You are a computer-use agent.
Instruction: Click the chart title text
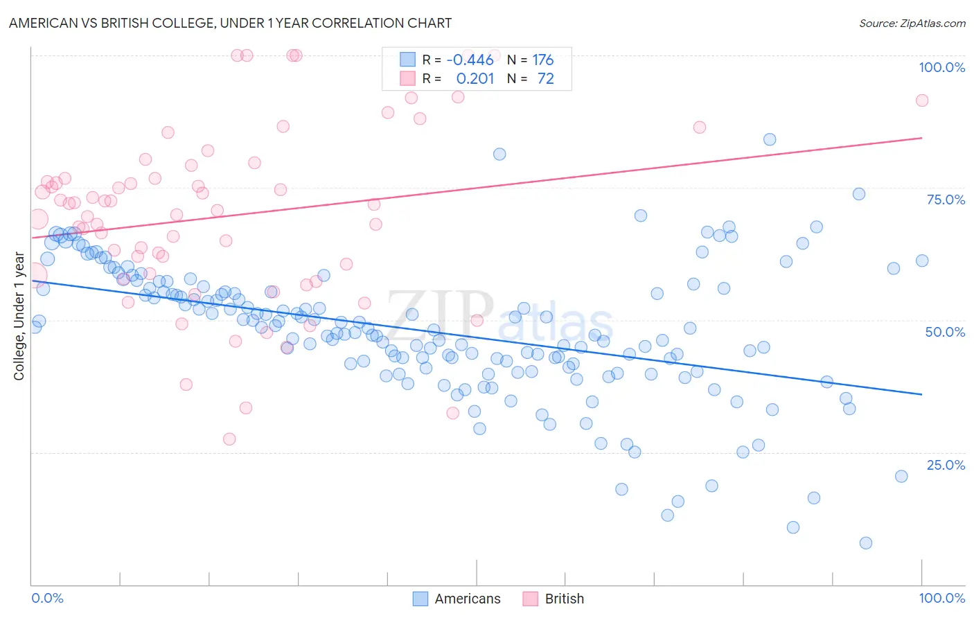(230, 23)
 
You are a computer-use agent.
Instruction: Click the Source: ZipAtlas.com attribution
(912, 23)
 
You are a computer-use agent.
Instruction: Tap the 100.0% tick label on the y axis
(941, 67)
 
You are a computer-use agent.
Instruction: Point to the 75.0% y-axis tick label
(946, 200)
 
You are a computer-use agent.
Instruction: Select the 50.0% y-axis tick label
(945, 332)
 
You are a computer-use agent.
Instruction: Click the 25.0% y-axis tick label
(946, 464)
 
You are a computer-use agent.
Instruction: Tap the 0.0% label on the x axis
(47, 598)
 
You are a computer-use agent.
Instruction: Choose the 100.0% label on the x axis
(941, 598)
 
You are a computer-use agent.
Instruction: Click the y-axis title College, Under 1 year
(19, 316)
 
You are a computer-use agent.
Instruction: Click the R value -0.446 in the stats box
(470, 60)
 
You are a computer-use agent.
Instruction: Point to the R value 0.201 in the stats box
(475, 79)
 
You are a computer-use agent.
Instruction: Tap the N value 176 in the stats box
(543, 60)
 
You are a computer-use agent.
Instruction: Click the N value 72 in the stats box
(546, 79)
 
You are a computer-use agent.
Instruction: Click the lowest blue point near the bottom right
(865, 543)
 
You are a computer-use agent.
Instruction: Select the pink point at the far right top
(921, 100)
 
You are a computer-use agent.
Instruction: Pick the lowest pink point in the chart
(229, 439)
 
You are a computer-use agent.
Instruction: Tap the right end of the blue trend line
(921, 394)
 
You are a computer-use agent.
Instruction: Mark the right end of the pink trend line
(921, 138)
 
